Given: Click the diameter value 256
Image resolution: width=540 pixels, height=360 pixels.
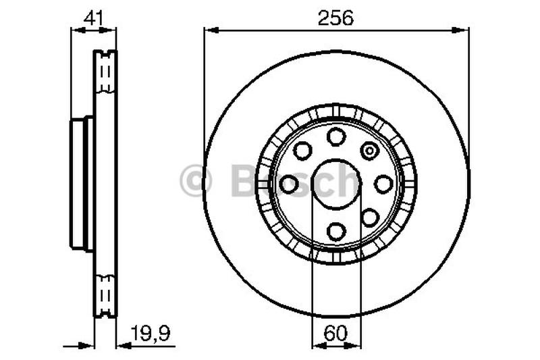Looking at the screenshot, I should coord(336,18).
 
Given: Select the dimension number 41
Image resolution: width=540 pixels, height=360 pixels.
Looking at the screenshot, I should coord(93,18).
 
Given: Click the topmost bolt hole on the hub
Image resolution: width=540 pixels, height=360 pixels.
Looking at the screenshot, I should coord(336,136).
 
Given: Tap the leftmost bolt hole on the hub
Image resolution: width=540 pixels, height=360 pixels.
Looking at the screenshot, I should coord(289,184).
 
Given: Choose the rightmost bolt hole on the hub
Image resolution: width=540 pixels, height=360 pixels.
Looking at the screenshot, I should coord(383,184).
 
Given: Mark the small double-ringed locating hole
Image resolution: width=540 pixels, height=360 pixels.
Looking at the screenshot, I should coord(370,150).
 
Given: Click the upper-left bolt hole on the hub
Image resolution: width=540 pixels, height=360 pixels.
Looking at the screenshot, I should coord(302,150).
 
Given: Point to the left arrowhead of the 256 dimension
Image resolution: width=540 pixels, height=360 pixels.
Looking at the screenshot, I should coord(209,30).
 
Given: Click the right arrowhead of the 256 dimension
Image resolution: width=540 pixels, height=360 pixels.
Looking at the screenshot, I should coord(464,30).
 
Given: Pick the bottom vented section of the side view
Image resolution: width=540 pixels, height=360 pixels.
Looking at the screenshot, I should coord(104,294).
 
